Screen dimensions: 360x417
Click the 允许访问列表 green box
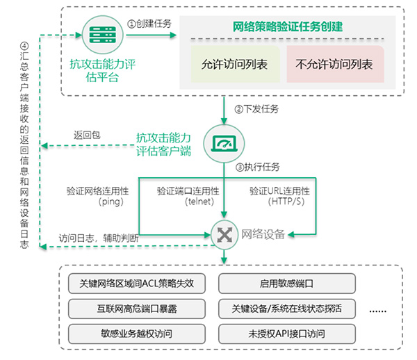click(235, 65)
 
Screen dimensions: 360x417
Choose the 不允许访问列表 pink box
click(334, 65)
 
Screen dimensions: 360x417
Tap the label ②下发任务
click(256, 109)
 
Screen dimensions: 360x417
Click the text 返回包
click(87, 135)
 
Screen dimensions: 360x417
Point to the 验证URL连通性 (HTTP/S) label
click(279, 196)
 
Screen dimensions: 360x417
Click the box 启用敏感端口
click(286, 284)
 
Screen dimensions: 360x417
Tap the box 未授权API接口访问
click(286, 332)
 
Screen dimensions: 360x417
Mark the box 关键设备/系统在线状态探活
click(286, 308)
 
